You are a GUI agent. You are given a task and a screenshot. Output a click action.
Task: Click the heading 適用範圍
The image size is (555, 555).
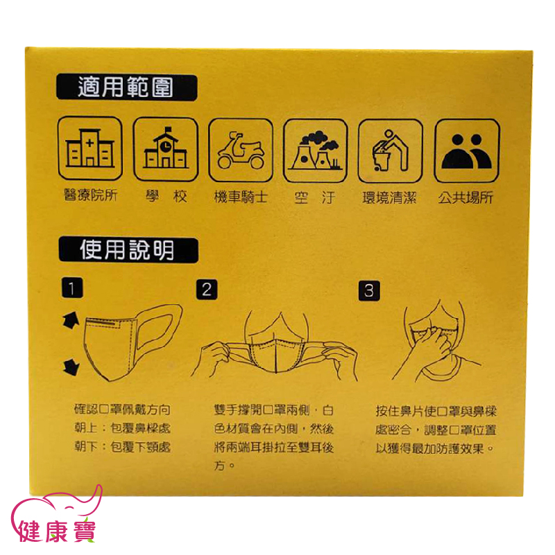click(126, 87)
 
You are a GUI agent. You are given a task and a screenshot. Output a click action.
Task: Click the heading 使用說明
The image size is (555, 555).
click(127, 250)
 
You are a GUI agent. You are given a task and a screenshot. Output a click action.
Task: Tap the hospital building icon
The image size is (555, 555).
click(90, 148)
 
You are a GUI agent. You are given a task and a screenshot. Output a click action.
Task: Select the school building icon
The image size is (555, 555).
click(166, 148)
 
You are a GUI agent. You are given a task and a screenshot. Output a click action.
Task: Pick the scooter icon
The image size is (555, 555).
click(241, 150)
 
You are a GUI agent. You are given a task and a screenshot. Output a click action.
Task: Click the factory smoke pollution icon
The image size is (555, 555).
click(316, 150)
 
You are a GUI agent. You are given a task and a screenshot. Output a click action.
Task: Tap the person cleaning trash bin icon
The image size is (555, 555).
click(390, 150)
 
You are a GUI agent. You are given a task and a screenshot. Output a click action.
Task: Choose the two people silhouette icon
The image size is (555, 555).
click(466, 151)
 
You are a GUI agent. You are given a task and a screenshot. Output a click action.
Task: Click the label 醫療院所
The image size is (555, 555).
click(90, 195)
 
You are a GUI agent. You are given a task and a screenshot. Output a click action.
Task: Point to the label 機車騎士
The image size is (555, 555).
click(241, 197)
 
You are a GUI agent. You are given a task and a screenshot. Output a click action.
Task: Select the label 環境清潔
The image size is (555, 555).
click(389, 197)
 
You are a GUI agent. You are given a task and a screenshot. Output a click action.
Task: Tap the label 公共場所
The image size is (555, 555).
click(466, 197)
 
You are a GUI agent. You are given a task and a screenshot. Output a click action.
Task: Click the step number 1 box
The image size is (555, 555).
click(72, 288)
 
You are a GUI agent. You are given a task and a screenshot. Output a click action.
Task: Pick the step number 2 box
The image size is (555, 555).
click(207, 290)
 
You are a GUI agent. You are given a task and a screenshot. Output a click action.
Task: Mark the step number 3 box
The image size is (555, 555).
click(369, 290)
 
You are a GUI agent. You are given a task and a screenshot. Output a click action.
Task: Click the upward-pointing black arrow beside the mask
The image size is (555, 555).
click(71, 320)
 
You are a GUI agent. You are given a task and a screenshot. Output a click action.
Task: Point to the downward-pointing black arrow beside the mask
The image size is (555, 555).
click(71, 367)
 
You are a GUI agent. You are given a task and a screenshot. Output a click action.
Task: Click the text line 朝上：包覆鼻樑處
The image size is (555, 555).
click(122, 428)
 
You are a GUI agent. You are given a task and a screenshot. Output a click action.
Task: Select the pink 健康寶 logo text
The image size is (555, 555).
click(58, 531)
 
